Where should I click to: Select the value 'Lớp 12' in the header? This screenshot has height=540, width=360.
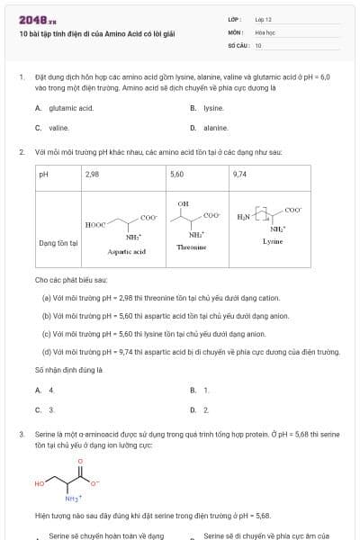(263, 19)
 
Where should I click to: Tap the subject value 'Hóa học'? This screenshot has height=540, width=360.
(265, 31)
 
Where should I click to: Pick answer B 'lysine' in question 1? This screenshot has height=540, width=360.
(212, 108)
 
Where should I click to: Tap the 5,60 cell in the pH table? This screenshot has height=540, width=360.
(176, 173)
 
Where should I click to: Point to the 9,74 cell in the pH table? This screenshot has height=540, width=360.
(239, 173)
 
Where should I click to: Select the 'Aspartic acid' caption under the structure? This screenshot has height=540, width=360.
(126, 252)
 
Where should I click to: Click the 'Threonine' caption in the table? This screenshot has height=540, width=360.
(192, 246)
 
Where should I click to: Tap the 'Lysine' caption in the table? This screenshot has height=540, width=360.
(274, 241)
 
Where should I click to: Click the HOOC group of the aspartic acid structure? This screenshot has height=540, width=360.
(94, 224)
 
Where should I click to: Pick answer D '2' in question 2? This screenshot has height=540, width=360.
(205, 409)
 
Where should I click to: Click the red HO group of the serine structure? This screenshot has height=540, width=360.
(40, 483)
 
